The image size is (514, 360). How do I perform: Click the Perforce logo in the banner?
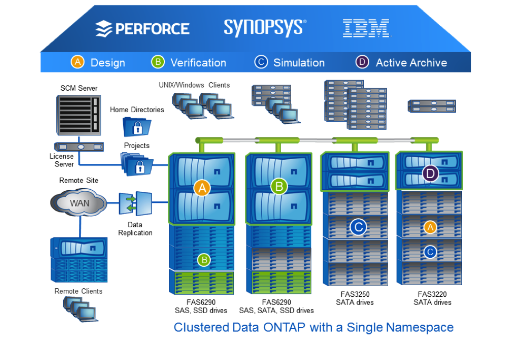[142, 28]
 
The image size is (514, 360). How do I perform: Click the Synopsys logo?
[264, 27]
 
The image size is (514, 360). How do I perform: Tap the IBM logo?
[366, 28]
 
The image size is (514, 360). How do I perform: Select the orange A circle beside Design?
[77, 62]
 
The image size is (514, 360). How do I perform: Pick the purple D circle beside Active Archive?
[362, 62]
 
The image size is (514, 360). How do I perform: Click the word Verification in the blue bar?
[198, 63]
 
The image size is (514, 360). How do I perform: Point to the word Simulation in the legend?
[299, 63]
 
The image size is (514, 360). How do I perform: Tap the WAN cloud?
[79, 203]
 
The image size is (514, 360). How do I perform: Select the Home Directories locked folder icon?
[137, 127]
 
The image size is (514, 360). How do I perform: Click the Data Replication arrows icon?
[135, 204]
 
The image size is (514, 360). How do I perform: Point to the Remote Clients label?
[78, 291]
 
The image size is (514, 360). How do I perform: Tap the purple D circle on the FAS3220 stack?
[430, 173]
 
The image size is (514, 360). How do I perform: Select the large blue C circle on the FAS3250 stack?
[358, 227]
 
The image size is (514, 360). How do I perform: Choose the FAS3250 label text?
[354, 294]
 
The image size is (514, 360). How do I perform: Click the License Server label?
[62, 160]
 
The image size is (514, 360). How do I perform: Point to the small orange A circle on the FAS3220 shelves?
[430, 227]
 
